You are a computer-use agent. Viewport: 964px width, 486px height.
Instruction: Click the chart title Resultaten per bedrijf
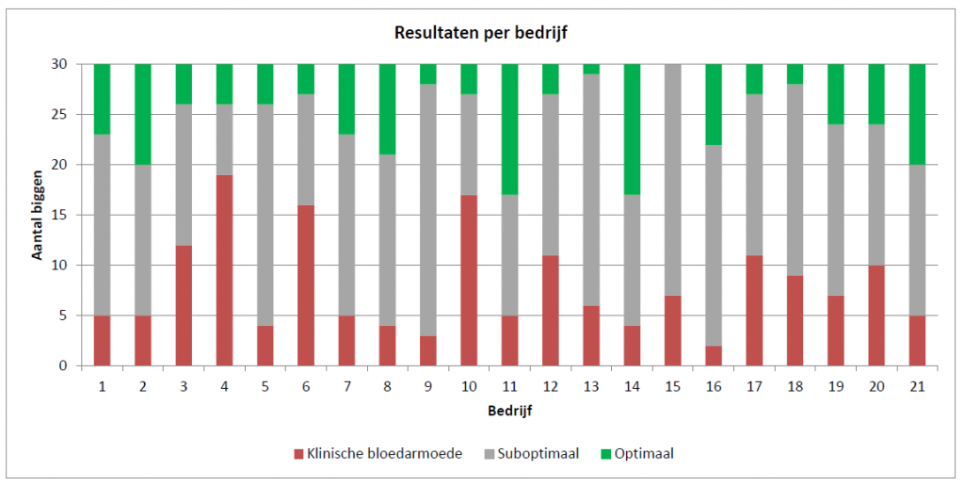click(481, 33)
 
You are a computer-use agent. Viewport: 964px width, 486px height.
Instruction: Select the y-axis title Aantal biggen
click(39, 215)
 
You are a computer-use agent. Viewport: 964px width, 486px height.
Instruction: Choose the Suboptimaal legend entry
click(543, 454)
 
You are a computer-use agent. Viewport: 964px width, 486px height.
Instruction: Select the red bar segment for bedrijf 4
click(224, 270)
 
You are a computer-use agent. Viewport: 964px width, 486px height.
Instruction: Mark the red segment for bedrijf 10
click(469, 280)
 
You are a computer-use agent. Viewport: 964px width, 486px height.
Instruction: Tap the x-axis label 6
click(306, 386)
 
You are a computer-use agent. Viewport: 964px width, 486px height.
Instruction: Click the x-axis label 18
click(795, 386)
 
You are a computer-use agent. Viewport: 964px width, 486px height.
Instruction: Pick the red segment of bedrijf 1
click(102, 340)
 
